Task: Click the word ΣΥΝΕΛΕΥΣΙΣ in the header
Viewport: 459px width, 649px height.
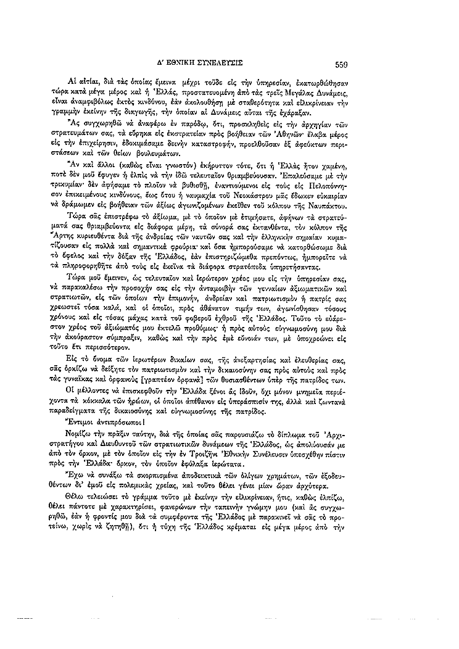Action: [x=213, y=63]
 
